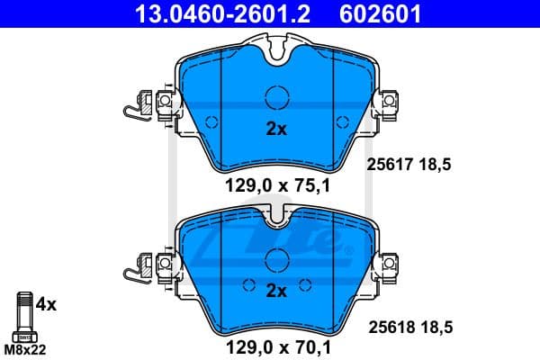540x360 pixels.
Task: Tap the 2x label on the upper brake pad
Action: (x=276, y=129)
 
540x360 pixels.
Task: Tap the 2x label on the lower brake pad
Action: (x=276, y=290)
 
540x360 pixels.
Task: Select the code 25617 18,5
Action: (x=412, y=164)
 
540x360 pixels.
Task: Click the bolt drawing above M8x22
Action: (x=23, y=314)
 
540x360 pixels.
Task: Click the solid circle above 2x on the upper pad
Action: (x=277, y=96)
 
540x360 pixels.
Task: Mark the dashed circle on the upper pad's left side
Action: (x=211, y=122)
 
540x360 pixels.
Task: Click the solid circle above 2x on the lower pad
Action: (x=277, y=259)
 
